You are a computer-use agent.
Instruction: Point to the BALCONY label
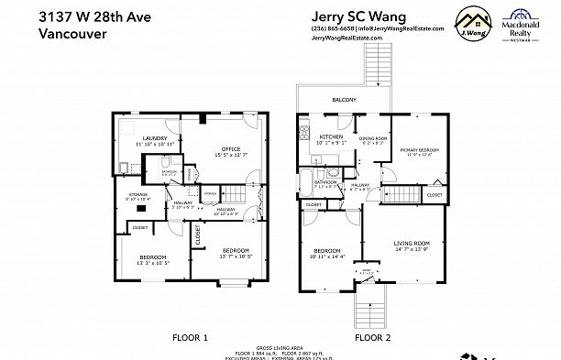point(344,99)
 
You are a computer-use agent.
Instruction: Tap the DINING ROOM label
point(374,137)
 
